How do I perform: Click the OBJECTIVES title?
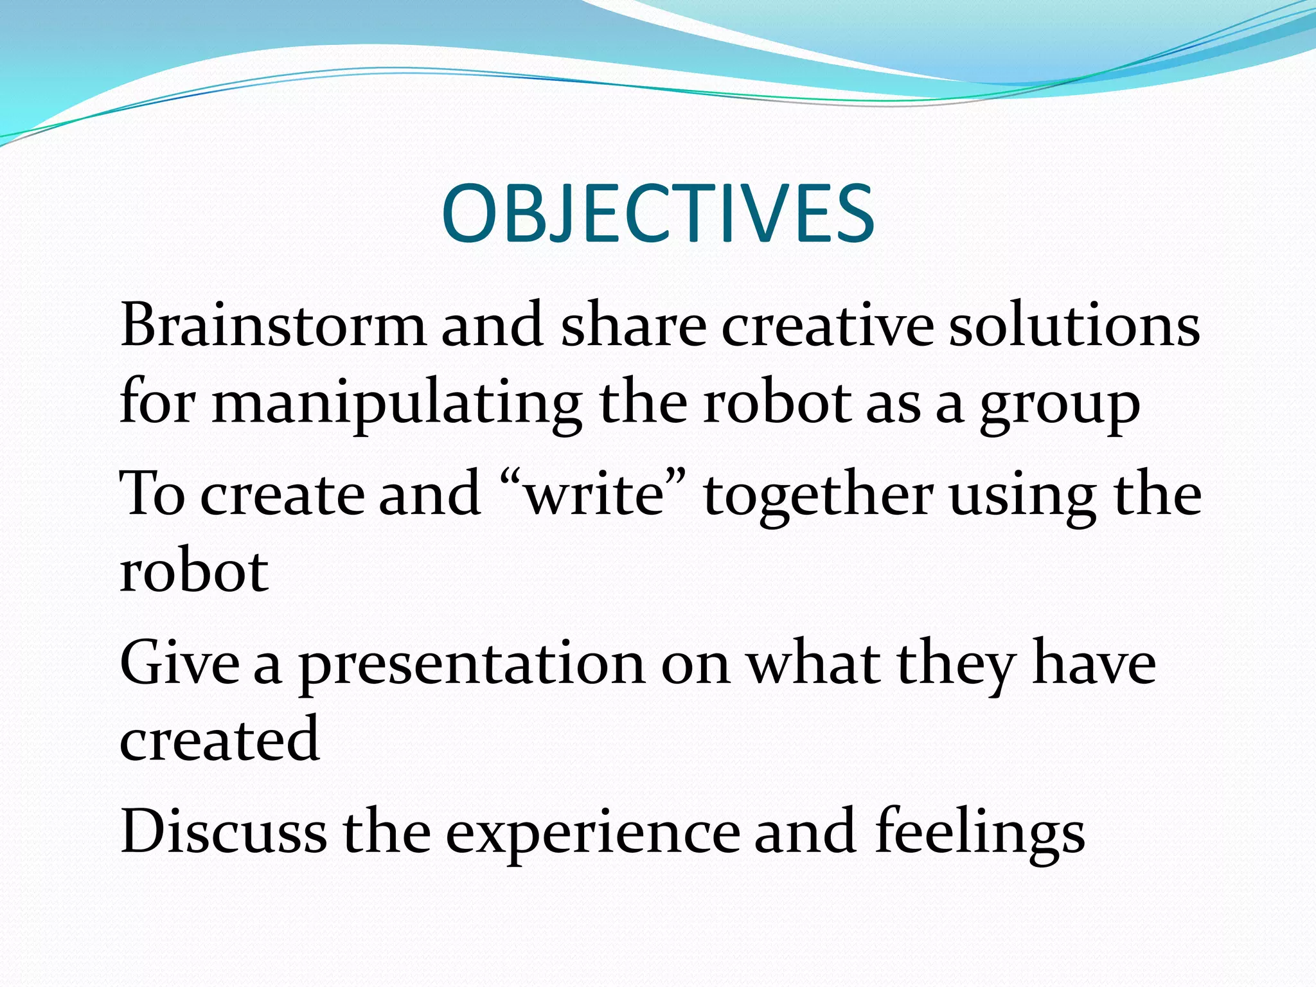click(657, 213)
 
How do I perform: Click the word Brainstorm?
click(272, 325)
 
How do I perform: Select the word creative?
click(827, 325)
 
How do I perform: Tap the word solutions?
click(1074, 325)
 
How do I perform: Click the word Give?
click(179, 662)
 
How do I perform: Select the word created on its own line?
click(219, 739)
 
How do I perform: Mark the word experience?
click(592, 833)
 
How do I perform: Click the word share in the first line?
click(633, 325)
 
